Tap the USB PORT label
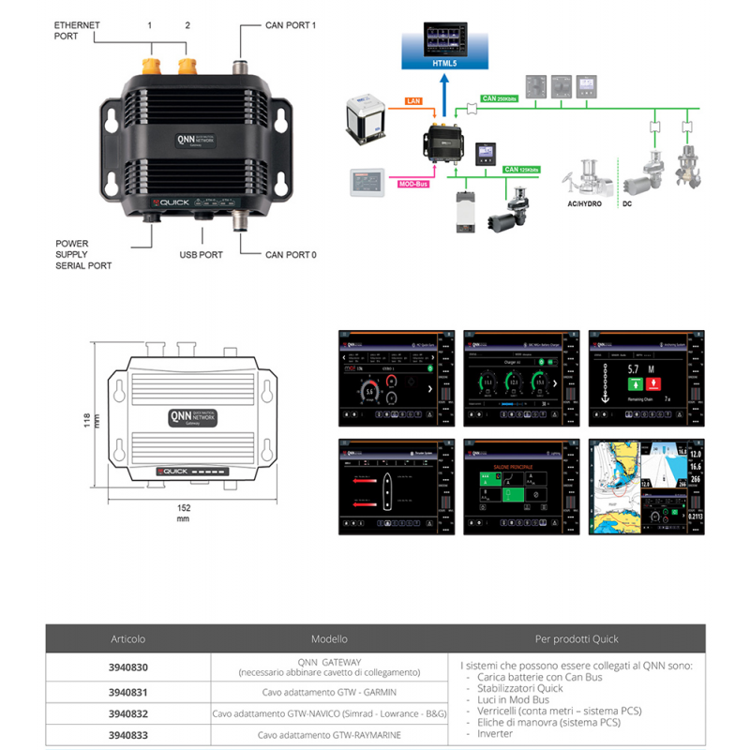pyautogui.click(x=201, y=254)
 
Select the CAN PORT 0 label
pyautogui.click(x=291, y=254)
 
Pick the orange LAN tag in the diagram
pyautogui.click(x=413, y=98)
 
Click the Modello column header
pyautogui.click(x=329, y=638)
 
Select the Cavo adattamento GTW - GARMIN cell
pyautogui.click(x=329, y=692)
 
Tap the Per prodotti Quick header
pyautogui.click(x=577, y=638)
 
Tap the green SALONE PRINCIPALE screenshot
pyautogui.click(x=513, y=486)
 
